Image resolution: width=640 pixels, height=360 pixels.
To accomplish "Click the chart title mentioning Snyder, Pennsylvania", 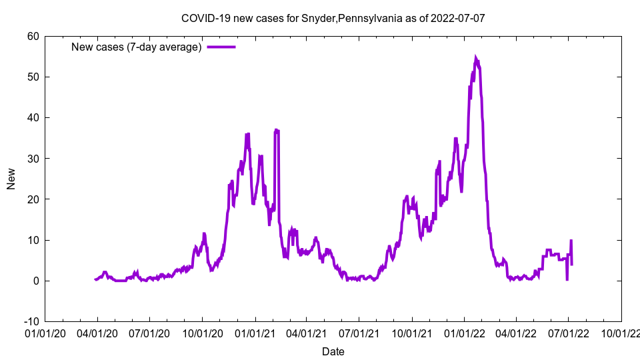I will (333, 18).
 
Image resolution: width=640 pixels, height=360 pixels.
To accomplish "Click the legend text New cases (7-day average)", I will (136, 47).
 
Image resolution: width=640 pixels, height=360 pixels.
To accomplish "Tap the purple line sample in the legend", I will (221, 47).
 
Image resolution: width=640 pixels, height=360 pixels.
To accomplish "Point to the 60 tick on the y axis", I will (33, 36).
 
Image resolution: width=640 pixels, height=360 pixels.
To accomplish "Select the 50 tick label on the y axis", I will (33, 77).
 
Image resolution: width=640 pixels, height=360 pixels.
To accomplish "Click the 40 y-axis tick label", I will (33, 117).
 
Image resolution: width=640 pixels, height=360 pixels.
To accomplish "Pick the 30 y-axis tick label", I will (33, 159).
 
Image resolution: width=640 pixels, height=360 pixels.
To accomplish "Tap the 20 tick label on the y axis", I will (33, 199).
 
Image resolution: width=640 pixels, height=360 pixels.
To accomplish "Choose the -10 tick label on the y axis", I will (31, 321).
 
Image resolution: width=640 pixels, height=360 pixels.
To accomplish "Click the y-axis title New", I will (11, 179).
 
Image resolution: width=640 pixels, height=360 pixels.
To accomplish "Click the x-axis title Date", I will (333, 351).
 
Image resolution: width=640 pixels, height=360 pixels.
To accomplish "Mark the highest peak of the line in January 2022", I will (475, 58).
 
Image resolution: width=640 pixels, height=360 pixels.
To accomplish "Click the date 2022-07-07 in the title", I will (457, 18).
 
